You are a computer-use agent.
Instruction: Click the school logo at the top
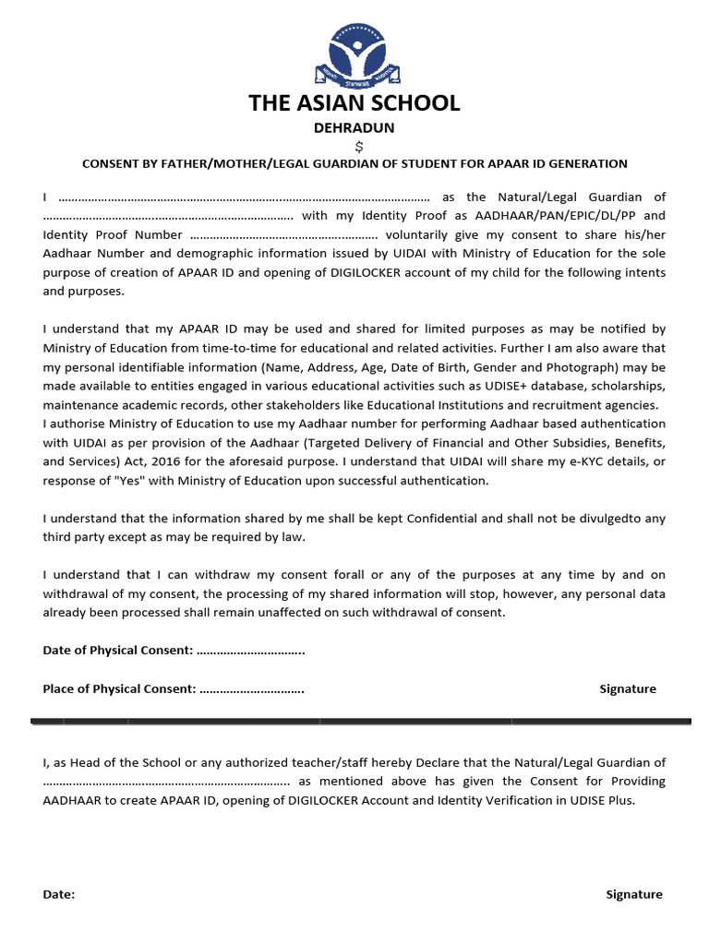[x=354, y=53]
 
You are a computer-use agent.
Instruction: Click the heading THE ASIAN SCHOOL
[x=354, y=102]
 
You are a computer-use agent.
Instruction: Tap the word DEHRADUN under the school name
[x=354, y=128]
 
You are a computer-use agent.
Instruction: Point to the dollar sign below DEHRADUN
[x=359, y=146]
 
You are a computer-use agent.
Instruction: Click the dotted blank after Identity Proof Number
[x=277, y=234]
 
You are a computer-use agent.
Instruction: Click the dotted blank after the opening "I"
[x=244, y=197]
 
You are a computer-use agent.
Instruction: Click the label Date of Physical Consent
[x=117, y=651]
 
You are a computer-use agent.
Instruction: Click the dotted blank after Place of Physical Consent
[x=251, y=688]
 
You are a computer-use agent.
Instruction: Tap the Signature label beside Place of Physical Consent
[x=628, y=688]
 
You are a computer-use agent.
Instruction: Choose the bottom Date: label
[x=59, y=894]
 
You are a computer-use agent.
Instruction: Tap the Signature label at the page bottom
[x=633, y=894]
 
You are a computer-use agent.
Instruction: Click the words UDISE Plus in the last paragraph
[x=604, y=800]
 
